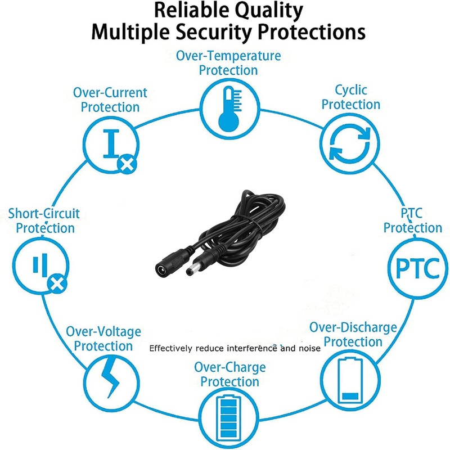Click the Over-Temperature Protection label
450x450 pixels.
click(228, 63)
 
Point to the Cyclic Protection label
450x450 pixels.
click(351, 97)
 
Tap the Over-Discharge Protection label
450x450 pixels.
click(353, 334)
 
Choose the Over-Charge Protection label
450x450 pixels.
click(229, 374)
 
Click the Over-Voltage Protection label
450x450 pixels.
click(103, 338)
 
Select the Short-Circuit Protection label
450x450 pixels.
click(44, 220)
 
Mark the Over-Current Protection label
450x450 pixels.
click(110, 99)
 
